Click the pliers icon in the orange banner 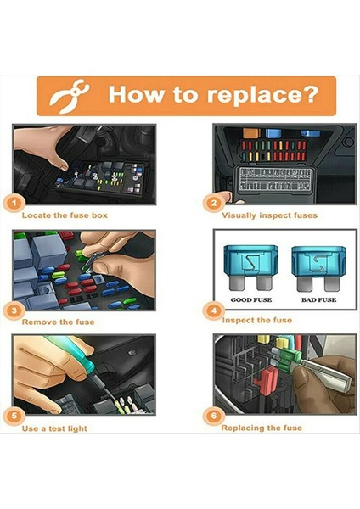[x=69, y=97]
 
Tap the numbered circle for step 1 [x=14, y=204]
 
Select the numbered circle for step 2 [x=213, y=204]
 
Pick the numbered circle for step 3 [x=14, y=310]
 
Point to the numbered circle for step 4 [x=213, y=310]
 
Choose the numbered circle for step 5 [x=14, y=417]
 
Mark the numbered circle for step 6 [x=213, y=416]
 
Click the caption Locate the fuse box [x=65, y=215]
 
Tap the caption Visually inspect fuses [x=269, y=215]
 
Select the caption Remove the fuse [x=58, y=322]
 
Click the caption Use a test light [x=54, y=428]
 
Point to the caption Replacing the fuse [x=262, y=428]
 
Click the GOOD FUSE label [x=251, y=300]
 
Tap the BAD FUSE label [x=318, y=300]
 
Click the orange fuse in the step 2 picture [x=250, y=133]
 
